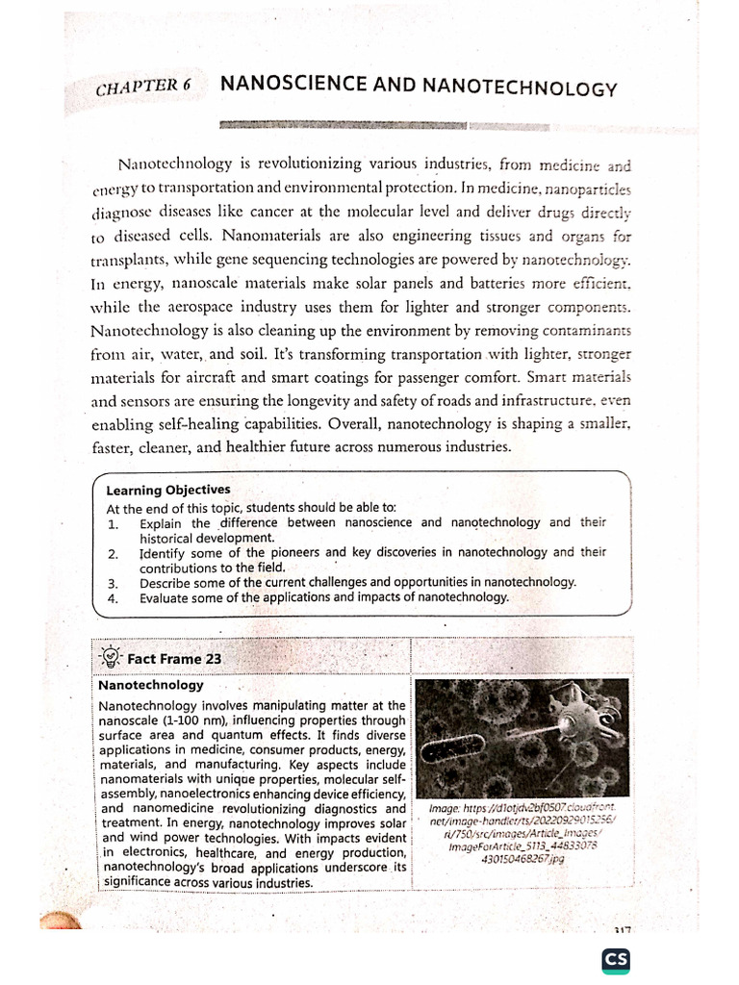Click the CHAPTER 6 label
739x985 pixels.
coord(144,86)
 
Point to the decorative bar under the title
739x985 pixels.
coord(344,124)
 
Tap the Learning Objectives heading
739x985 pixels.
coord(168,490)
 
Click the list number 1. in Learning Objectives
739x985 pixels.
coord(113,523)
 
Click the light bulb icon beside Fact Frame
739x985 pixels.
coord(112,657)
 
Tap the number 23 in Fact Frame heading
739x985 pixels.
coord(213,659)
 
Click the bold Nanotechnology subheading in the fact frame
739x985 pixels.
coord(151,686)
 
